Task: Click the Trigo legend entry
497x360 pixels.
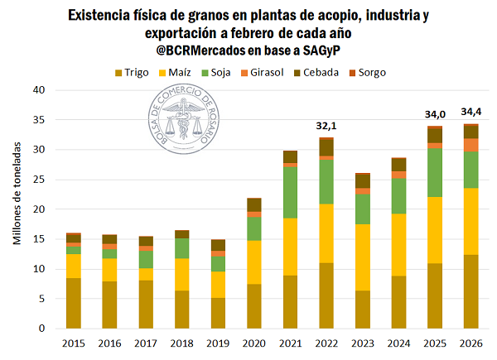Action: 131,72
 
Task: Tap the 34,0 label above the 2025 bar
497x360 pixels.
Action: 435,113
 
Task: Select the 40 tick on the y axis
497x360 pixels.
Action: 38,90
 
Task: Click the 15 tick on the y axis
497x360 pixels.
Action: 38,239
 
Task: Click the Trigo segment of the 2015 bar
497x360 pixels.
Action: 74,303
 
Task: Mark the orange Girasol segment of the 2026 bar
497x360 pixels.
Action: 471,145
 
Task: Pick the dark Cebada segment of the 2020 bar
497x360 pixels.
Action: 253,204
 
